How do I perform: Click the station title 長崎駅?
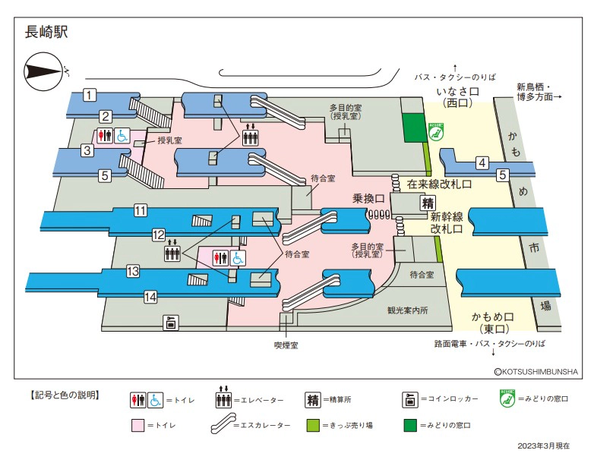pyautogui.click(x=47, y=33)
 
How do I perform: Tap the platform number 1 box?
pyautogui.click(x=90, y=95)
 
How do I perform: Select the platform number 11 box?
pyautogui.click(x=141, y=211)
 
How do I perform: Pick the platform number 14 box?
pyautogui.click(x=150, y=296)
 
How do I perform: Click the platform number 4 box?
pyautogui.click(x=482, y=162)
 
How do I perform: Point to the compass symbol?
pyautogui.click(x=46, y=72)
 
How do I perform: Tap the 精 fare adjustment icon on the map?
pyautogui.click(x=428, y=203)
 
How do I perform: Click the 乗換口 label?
pyautogui.click(x=369, y=199)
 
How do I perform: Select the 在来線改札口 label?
pyautogui.click(x=439, y=184)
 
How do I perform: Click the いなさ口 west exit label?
pyautogui.click(x=457, y=96)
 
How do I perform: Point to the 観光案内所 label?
pyautogui.click(x=408, y=310)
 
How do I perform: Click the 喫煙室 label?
pyautogui.click(x=286, y=345)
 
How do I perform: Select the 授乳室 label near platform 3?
pyautogui.click(x=169, y=140)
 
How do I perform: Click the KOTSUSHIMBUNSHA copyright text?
pyautogui.click(x=536, y=372)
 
